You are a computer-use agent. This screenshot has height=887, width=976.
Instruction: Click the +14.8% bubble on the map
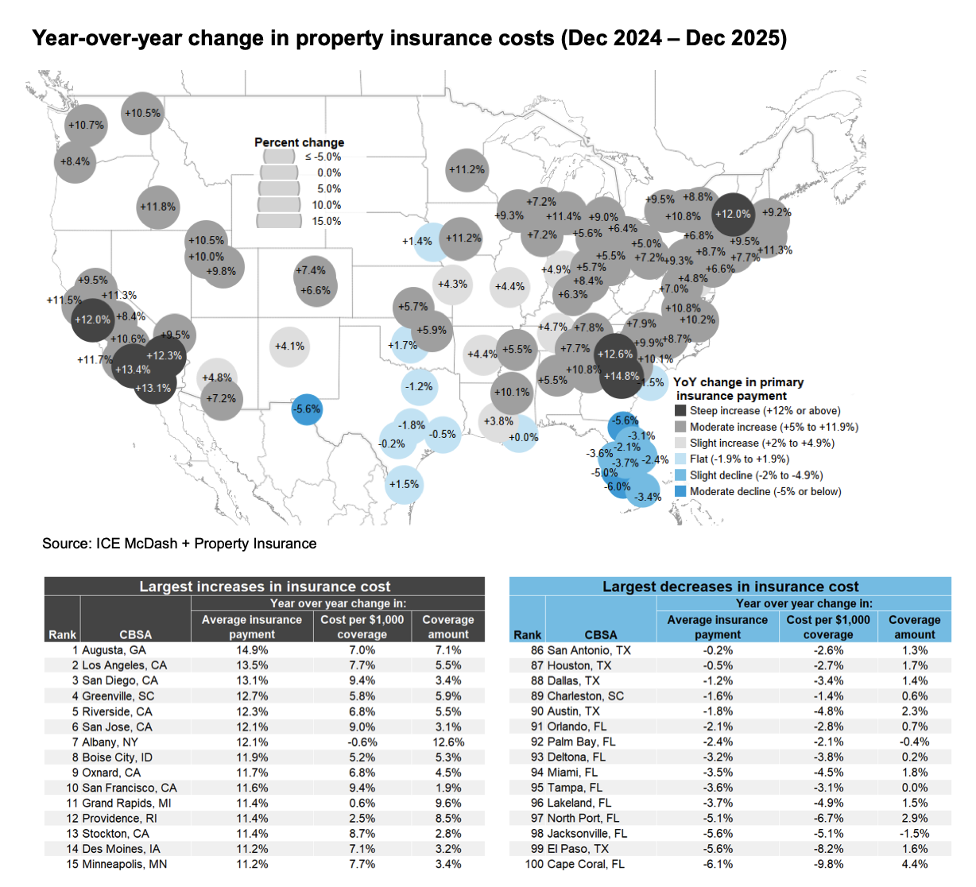pyautogui.click(x=621, y=376)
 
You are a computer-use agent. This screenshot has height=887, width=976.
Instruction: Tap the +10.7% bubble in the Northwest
pyautogui.click(x=85, y=126)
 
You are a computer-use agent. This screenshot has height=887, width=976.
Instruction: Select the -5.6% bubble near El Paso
pyautogui.click(x=307, y=409)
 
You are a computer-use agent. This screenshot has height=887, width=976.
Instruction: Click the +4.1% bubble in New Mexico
pyautogui.click(x=289, y=347)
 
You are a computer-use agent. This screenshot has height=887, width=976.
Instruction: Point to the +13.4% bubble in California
pyautogui.click(x=132, y=370)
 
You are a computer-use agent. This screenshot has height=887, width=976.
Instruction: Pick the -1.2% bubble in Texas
pyautogui.click(x=419, y=387)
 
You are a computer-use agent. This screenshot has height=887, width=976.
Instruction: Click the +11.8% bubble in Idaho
pyautogui.click(x=157, y=207)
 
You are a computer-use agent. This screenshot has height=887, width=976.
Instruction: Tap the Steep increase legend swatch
pyautogui.click(x=680, y=411)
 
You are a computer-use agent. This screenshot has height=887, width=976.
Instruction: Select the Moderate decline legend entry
pyautogui.click(x=765, y=492)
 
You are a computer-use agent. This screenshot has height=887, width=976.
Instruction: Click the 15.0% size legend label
pyautogui.click(x=327, y=221)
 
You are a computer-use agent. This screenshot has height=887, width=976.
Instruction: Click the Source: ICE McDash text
pyautogui.click(x=180, y=544)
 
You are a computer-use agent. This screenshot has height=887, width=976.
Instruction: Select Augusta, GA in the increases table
pyautogui.click(x=114, y=650)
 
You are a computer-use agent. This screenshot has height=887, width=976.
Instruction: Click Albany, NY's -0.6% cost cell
pyautogui.click(x=362, y=742)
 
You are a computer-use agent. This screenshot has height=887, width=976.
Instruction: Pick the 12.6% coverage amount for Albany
pyautogui.click(x=448, y=742)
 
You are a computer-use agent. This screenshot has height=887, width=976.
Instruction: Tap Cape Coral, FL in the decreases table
pyautogui.click(x=586, y=864)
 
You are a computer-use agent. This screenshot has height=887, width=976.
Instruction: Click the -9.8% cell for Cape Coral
pyautogui.click(x=827, y=864)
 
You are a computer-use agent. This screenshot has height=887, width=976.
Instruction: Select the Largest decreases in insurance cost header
pyautogui.click(x=730, y=587)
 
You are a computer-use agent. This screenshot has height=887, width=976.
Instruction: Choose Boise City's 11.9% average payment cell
pyautogui.click(x=252, y=757)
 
